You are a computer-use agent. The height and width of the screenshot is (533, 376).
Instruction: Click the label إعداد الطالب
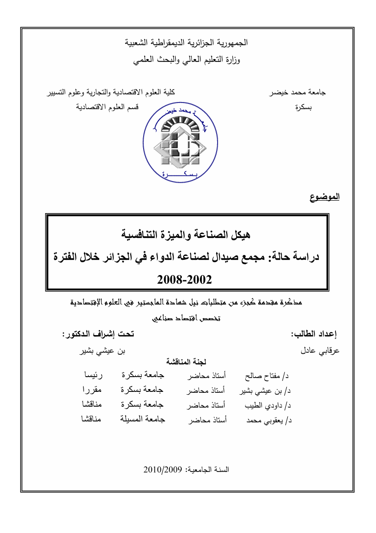pyautogui.click(x=313, y=335)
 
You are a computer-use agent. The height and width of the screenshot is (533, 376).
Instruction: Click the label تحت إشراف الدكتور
pyautogui.click(x=98, y=335)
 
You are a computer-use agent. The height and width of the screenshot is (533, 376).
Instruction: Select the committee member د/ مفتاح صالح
pyautogui.click(x=267, y=376)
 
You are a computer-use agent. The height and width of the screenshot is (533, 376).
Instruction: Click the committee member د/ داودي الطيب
pyautogui.click(x=268, y=406)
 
